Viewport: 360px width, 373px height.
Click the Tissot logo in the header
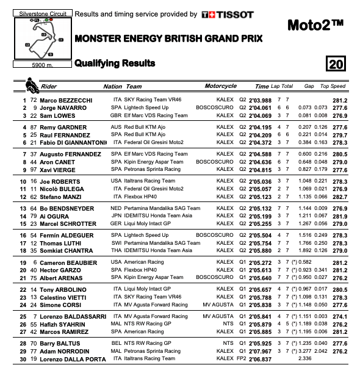[228, 14]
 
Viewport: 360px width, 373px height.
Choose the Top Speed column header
[334, 86]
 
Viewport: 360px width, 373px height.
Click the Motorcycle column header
[220, 86]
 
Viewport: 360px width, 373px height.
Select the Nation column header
[113, 86]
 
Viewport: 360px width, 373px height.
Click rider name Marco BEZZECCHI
[65, 100]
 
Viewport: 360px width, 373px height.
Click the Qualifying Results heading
[115, 63]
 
